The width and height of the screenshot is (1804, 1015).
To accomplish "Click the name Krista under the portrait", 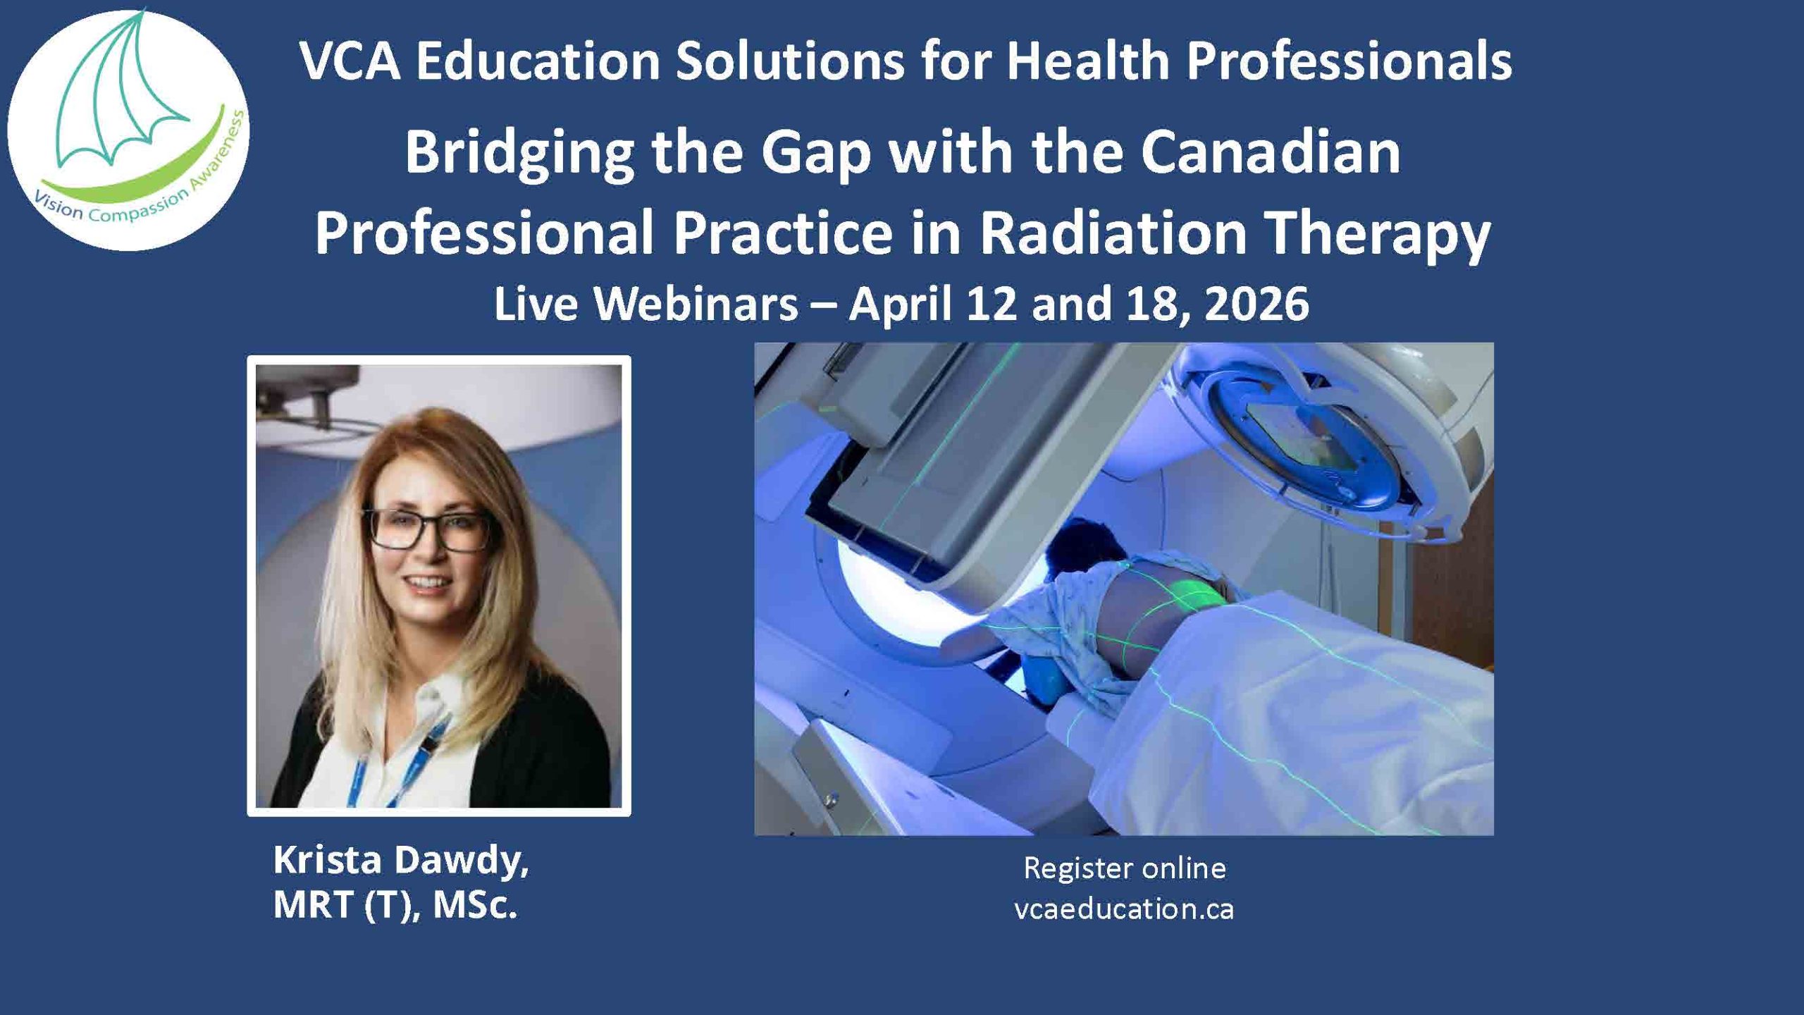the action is click(328, 861).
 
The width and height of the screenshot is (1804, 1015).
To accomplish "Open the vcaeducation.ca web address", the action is click(1124, 909).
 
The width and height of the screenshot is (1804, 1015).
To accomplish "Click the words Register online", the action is click(1125, 868).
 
